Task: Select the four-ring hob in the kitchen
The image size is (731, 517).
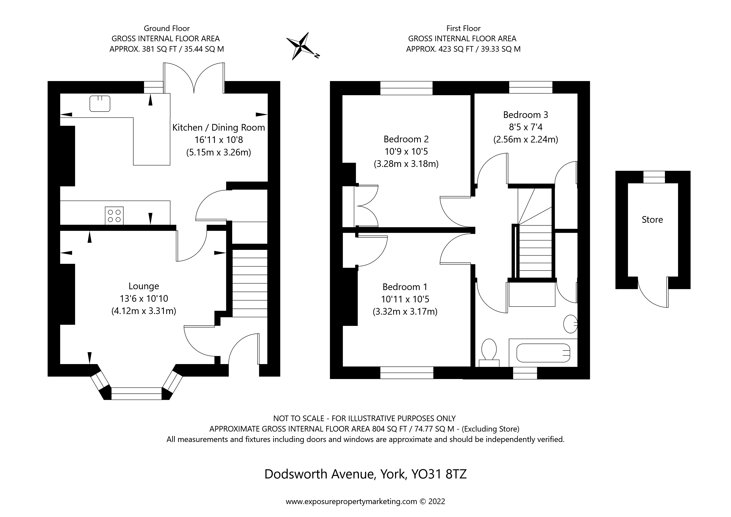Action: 114,215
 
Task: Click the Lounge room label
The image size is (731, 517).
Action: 144,286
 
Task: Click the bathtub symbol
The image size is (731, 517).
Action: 543,353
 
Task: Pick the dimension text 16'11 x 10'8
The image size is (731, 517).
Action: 219,140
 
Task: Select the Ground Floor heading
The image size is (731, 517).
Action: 167,28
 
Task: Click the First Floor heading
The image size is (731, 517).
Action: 463,28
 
